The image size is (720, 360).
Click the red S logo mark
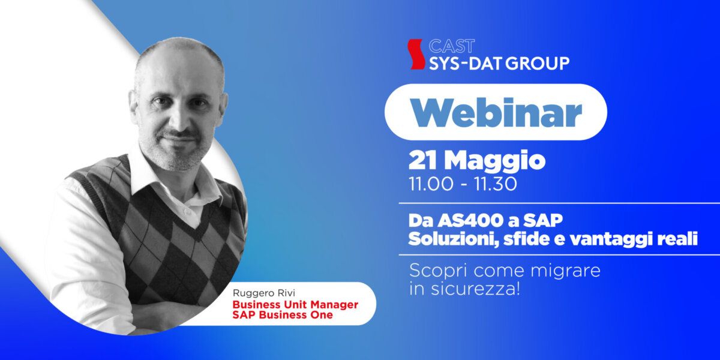tap(416, 55)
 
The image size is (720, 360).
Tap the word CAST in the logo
tap(452, 46)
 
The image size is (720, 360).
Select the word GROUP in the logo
tap(538, 64)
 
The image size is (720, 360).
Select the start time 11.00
tap(431, 184)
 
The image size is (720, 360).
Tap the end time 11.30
tap(496, 184)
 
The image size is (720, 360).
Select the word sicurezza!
tap(475, 289)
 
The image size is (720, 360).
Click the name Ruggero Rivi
tap(264, 293)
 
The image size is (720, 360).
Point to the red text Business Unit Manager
tap(295, 304)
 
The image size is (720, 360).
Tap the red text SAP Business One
tap(283, 314)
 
